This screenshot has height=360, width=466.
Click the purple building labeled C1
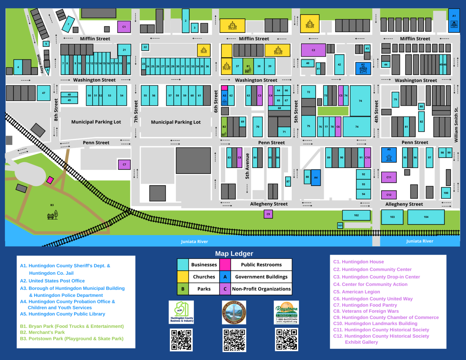124,27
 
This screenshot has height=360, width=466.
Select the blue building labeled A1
454,21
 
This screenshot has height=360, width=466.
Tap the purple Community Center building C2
313,50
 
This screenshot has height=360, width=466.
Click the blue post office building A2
363,69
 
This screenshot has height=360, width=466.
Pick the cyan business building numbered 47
44,93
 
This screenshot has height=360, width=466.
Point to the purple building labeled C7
124,164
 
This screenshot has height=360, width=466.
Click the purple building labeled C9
268,214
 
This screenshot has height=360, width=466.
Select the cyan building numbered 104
426,217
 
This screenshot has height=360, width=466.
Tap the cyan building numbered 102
356,215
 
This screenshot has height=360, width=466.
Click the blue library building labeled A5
389,155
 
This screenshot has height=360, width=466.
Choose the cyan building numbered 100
446,193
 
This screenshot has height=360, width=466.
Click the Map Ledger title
234,254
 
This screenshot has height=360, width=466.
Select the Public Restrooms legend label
261,265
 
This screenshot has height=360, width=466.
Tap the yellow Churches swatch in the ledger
183,277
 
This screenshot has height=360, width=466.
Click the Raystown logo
286,312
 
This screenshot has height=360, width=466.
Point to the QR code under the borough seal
234,340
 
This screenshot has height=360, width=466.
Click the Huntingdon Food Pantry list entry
365,305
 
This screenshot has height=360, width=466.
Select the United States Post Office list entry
52,281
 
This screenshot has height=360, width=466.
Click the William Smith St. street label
456,125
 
